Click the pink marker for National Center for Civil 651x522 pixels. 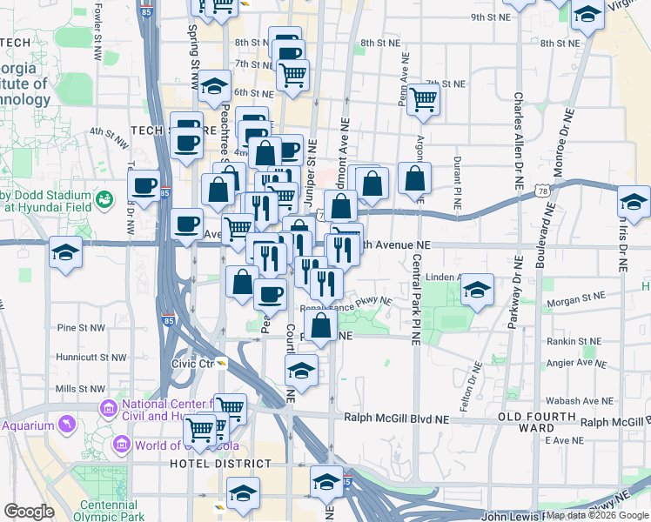109,407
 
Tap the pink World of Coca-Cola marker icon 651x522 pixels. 122,446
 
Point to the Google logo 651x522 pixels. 29,512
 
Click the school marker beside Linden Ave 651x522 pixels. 476,291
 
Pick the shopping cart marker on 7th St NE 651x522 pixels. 423,99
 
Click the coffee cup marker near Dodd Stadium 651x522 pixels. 144,184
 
